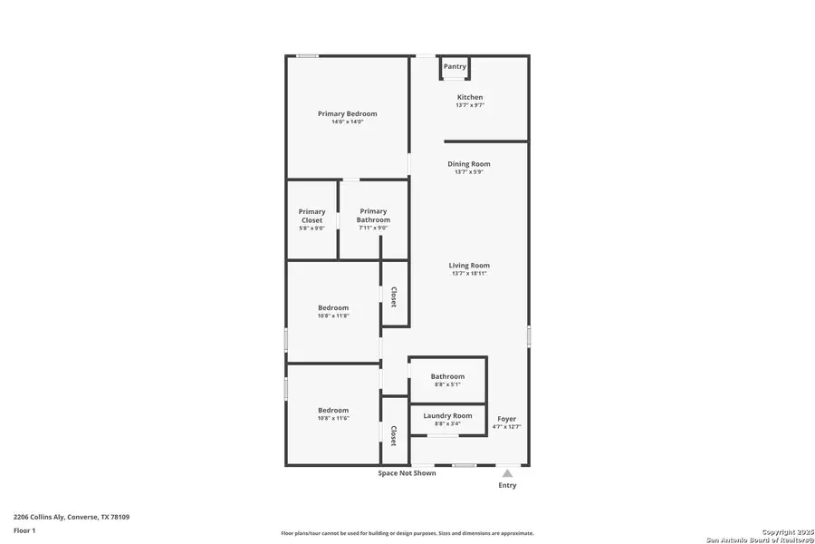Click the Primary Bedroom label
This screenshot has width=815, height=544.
tap(347, 113)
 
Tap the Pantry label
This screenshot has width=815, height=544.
tap(455, 66)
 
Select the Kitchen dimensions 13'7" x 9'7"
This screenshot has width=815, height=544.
tap(470, 105)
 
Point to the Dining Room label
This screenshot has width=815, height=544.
tap(469, 164)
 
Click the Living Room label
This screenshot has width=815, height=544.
tap(469, 266)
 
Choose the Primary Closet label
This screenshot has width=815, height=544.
tap(312, 216)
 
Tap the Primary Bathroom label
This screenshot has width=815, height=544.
tap(373, 216)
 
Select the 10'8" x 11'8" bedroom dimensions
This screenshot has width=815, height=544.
tap(333, 316)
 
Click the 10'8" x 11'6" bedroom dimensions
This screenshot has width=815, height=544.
tap(333, 418)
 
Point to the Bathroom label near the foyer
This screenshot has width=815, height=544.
tap(447, 376)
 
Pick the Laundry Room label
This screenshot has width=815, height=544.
tap(447, 415)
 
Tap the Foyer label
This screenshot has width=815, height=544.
tap(507, 419)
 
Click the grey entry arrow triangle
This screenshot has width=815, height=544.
tap(507, 473)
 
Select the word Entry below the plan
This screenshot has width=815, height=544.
tap(507, 485)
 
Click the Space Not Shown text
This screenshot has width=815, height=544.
tap(407, 473)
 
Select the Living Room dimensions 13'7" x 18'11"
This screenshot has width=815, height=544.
tap(469, 273)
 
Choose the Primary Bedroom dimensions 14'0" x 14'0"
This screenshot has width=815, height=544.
tap(347, 121)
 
